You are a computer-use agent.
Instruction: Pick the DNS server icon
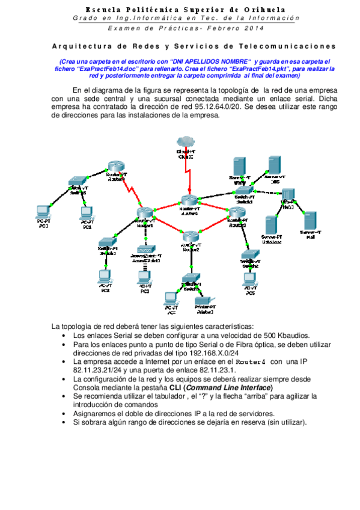coord(275,165)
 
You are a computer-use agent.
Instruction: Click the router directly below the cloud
coord(188,203)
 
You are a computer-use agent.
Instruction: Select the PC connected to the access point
coord(144,277)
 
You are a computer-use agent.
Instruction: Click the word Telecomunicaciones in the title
coord(290,46)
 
